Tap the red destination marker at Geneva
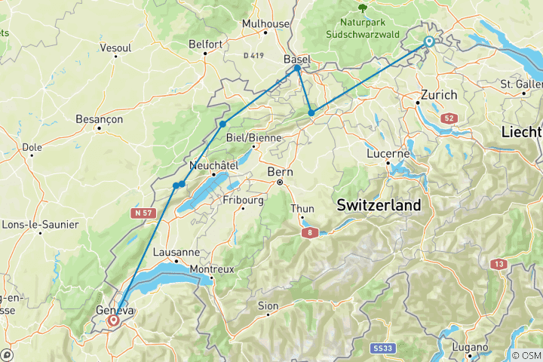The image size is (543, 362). click(x=114, y=321)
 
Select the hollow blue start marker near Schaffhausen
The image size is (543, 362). click(x=429, y=41)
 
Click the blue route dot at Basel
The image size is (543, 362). click(x=297, y=69)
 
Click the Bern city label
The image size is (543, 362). click(x=279, y=172)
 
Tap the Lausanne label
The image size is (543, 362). click(x=176, y=252)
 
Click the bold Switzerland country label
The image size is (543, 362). click(x=379, y=205)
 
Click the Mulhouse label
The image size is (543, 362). click(x=265, y=23)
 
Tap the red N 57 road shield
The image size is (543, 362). click(x=143, y=213)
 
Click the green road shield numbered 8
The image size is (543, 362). click(x=308, y=234)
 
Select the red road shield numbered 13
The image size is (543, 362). click(x=499, y=263)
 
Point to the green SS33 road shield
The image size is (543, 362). click(x=383, y=348)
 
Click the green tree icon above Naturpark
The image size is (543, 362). click(x=363, y=8)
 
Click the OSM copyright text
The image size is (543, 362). click(x=525, y=355)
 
